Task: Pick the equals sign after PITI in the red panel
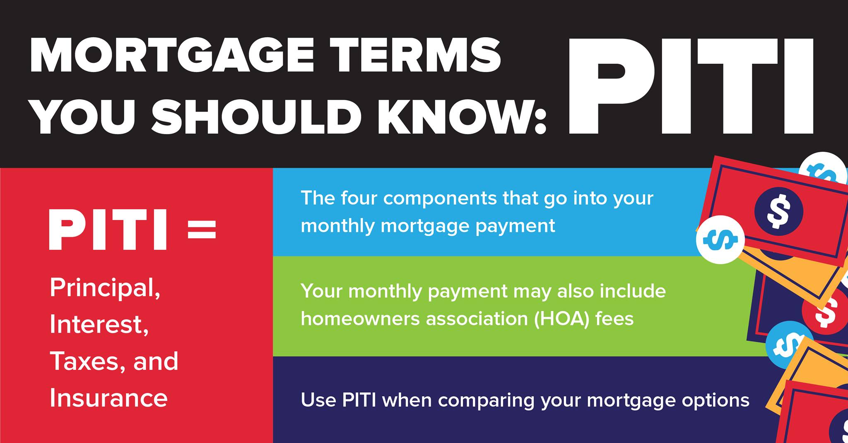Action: (x=202, y=229)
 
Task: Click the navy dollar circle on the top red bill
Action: (x=778, y=211)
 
